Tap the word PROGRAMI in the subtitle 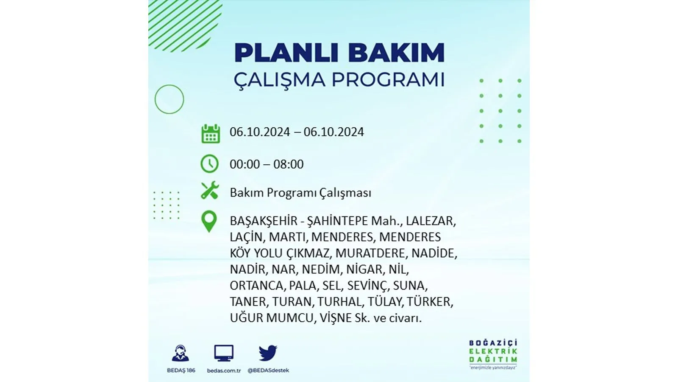[x=388, y=80]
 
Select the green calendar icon [x=210, y=133]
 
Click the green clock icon [x=209, y=164]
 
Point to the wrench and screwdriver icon [x=210, y=191]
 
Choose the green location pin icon [x=209, y=222]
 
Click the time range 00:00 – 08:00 [x=267, y=164]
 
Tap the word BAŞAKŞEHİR [x=264, y=221]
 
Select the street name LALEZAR [x=431, y=221]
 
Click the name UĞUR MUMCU [x=271, y=318]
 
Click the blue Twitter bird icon [x=268, y=353]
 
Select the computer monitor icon [x=224, y=353]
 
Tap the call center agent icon [x=181, y=353]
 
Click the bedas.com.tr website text [x=224, y=371]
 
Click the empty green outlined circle [x=155, y=99]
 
